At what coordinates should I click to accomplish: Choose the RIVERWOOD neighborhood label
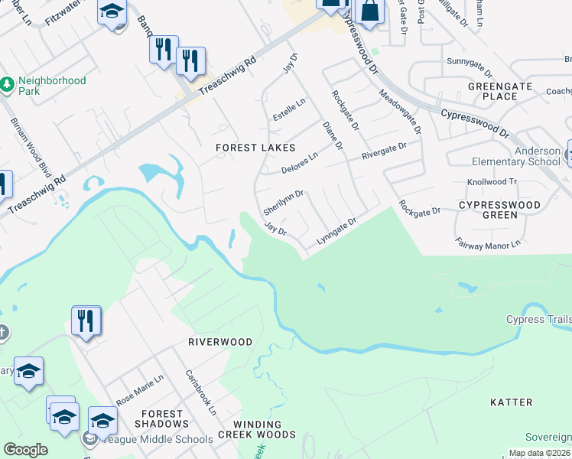pos(220,342)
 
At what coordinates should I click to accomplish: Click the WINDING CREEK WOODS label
pos(253,429)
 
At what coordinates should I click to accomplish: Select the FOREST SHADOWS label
pos(161,418)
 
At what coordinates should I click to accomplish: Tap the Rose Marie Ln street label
pos(140,390)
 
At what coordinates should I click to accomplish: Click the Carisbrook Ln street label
pos(201,393)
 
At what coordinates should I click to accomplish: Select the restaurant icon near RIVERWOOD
pos(86,320)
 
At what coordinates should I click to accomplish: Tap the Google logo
pos(25,450)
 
